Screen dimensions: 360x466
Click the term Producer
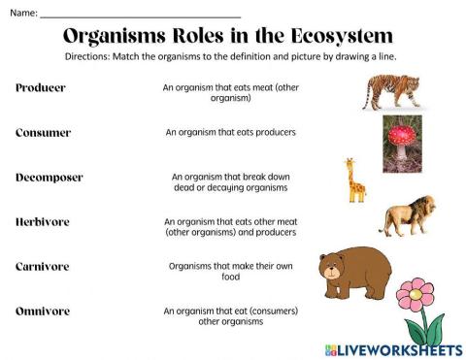[41, 87]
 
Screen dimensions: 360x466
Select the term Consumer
[45, 132]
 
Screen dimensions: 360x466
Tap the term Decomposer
[50, 178]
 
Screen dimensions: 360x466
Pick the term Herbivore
[43, 222]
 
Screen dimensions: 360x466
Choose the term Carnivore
[43, 266]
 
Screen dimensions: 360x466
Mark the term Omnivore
[44, 311]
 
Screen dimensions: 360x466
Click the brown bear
[354, 271]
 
